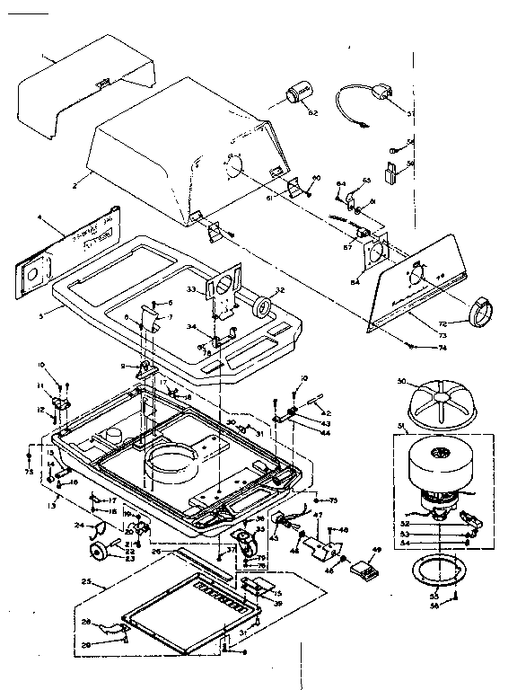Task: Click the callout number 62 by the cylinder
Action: click(x=313, y=112)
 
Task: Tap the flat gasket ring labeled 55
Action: click(x=434, y=571)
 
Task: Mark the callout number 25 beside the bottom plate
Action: click(x=86, y=583)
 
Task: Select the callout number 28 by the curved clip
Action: click(x=87, y=622)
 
